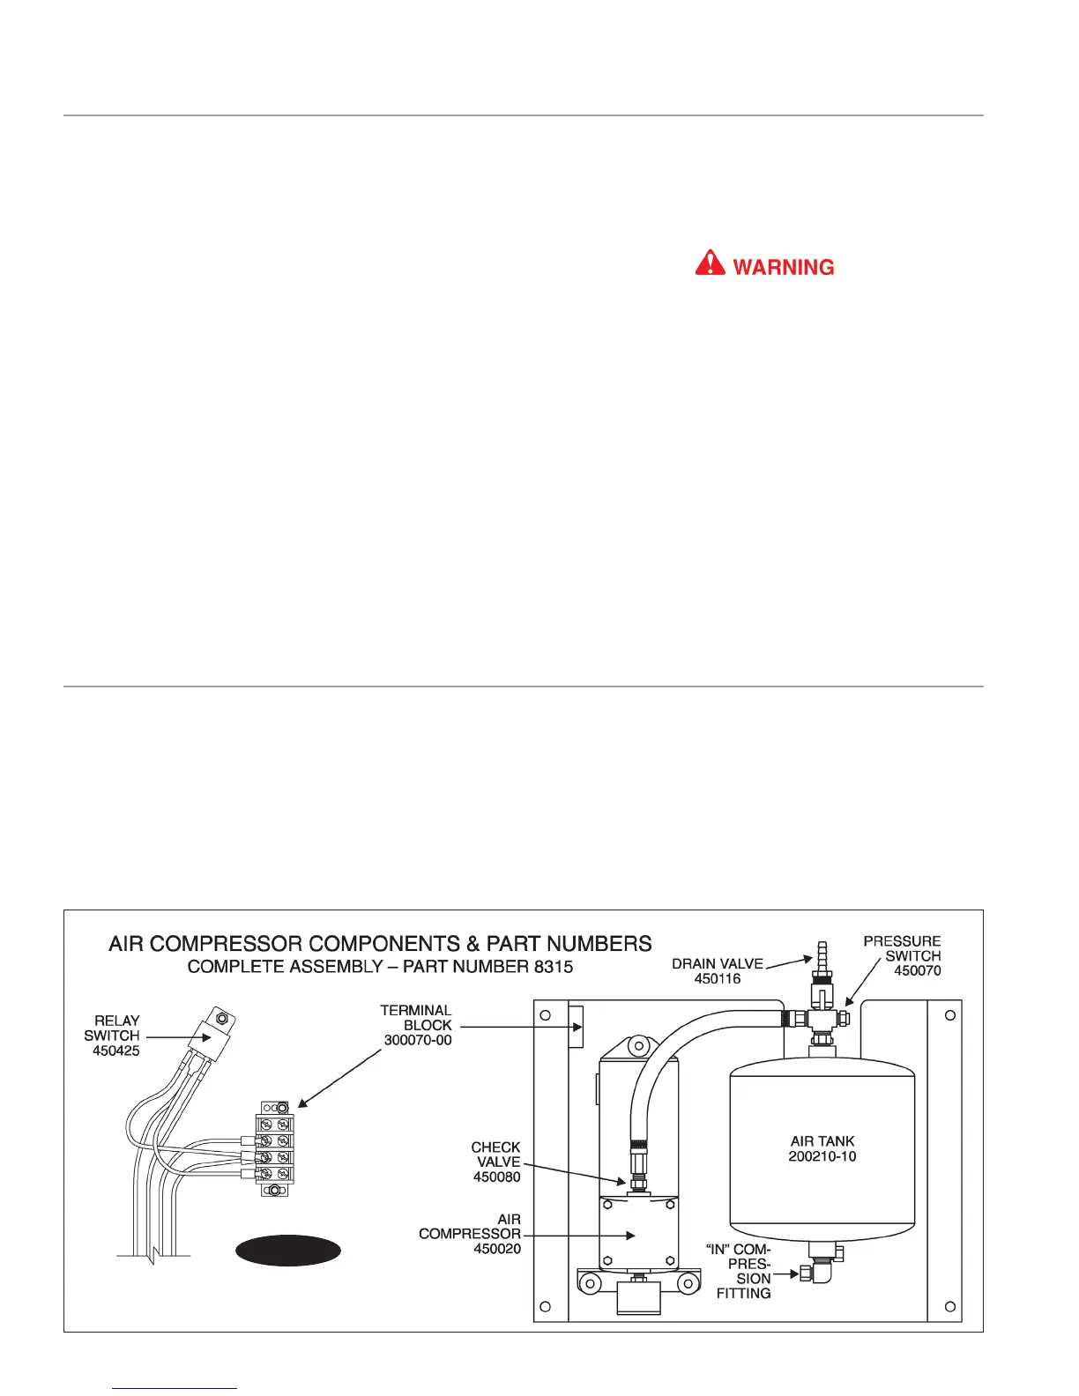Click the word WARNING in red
coord(783,267)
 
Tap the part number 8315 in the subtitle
coord(553,967)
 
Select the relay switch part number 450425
coord(116,1051)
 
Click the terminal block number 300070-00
coord(418,1040)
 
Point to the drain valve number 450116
coord(718,978)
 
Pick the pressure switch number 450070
coord(918,970)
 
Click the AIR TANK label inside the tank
coord(822,1140)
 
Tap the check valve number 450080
coord(497,1177)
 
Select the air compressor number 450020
coord(497,1248)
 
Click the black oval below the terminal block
coord(288,1251)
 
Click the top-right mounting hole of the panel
coord(949,1015)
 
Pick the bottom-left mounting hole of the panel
coord(546,1306)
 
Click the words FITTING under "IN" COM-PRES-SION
coord(743,1293)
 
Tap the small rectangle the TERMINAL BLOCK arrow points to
coord(577,1027)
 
